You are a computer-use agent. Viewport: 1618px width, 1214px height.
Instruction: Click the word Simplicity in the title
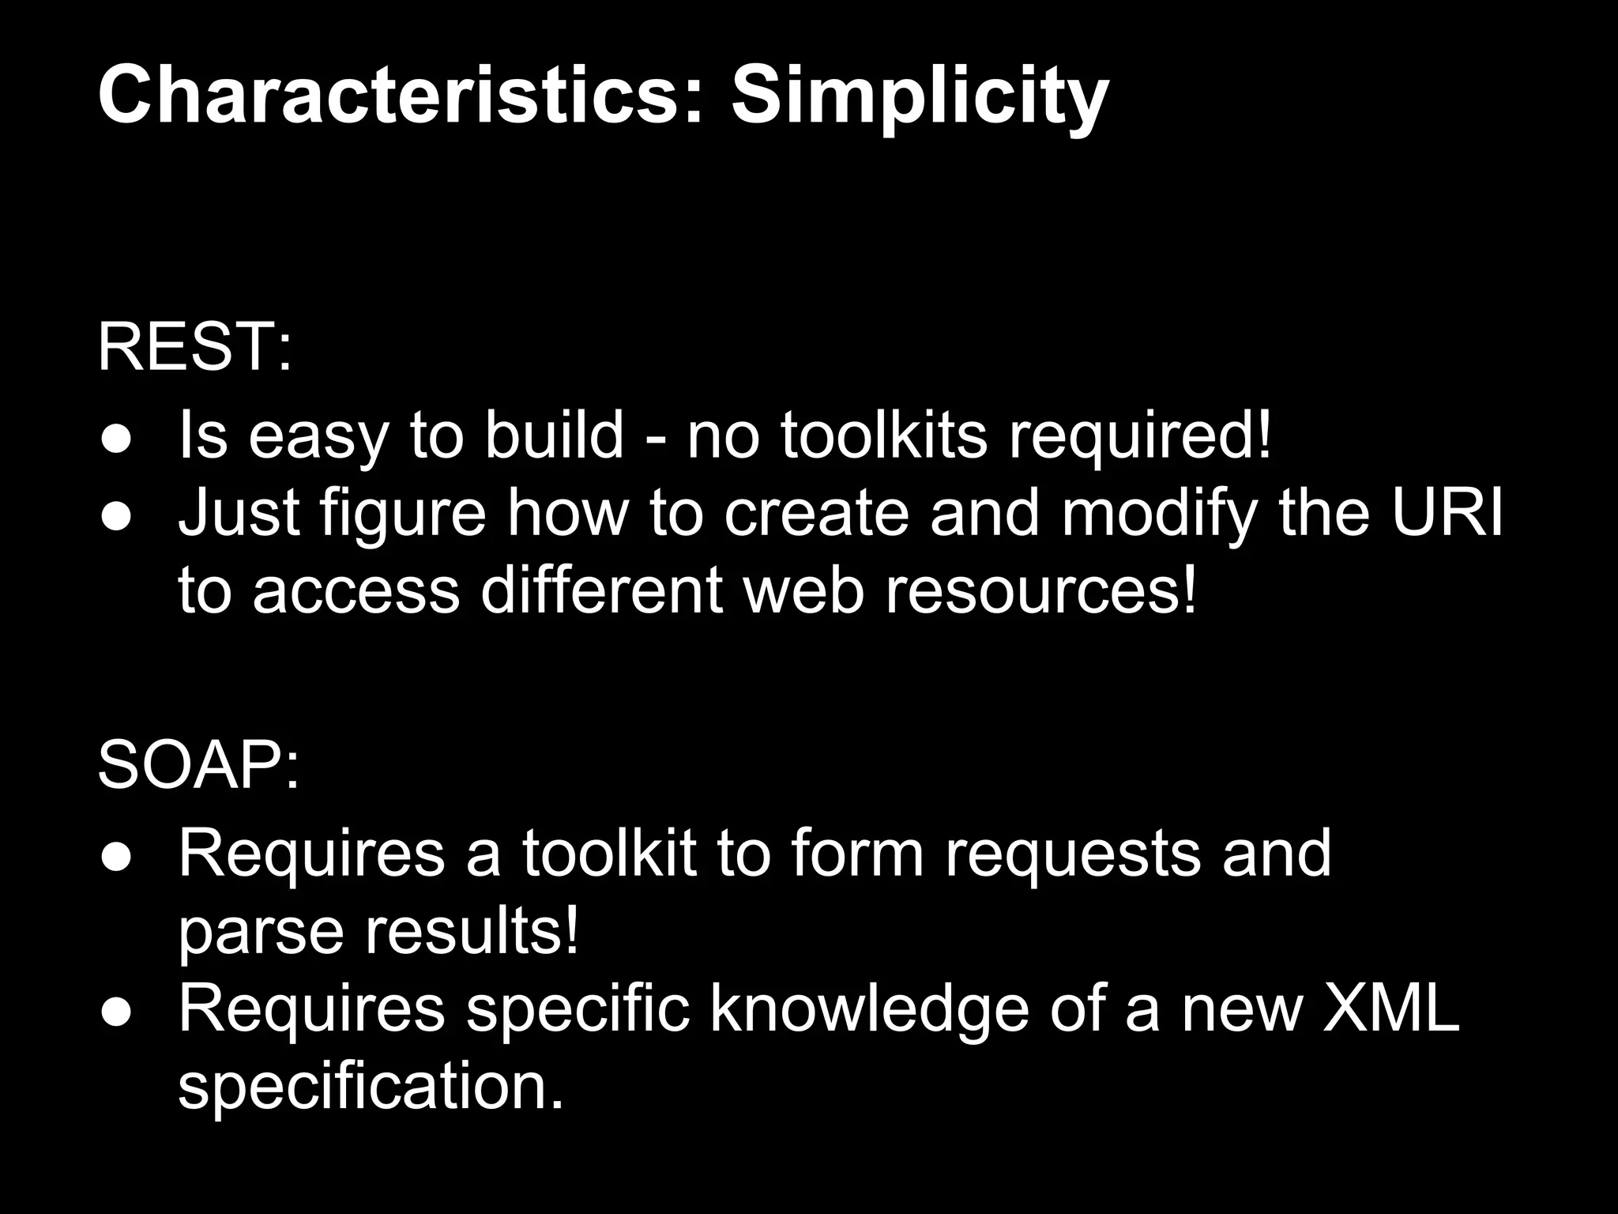point(919,97)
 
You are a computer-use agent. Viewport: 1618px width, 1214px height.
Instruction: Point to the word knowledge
point(870,1009)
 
